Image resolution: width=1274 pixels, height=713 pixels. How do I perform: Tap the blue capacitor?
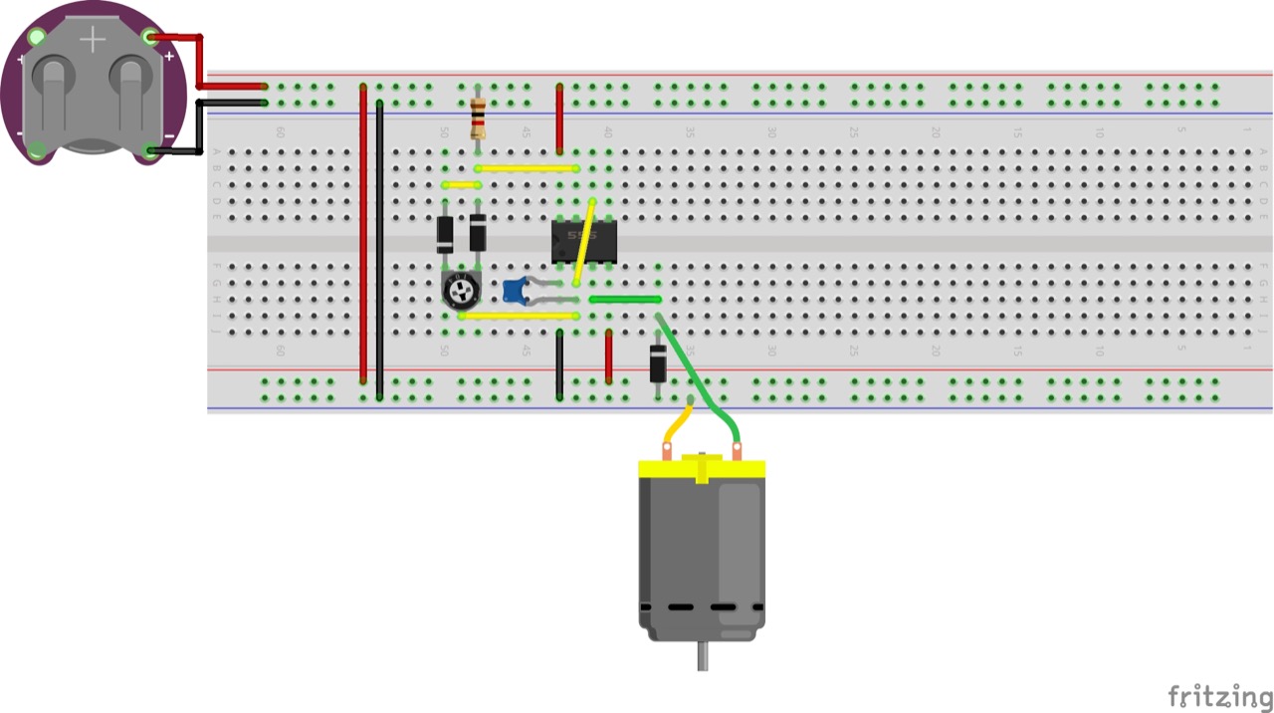(514, 291)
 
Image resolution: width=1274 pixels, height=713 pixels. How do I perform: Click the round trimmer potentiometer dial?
(461, 290)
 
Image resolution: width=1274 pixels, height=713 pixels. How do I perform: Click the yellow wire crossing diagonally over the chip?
(585, 242)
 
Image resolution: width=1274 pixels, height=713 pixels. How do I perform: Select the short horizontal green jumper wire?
(625, 299)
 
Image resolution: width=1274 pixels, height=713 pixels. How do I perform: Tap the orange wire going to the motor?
(678, 423)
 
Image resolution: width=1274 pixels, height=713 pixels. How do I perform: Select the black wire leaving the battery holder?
(199, 124)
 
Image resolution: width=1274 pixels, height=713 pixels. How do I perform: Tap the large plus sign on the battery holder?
(93, 40)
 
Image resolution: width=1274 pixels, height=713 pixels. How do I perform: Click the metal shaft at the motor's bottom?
(703, 655)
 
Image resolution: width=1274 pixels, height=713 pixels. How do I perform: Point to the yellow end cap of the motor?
(702, 469)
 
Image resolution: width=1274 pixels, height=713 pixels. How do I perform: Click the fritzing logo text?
(1219, 695)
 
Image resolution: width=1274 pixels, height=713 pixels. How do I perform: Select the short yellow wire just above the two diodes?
(461, 184)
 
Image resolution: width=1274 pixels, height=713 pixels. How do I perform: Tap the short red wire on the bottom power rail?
(609, 356)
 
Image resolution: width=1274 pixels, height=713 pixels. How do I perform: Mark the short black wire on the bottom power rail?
(559, 364)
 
